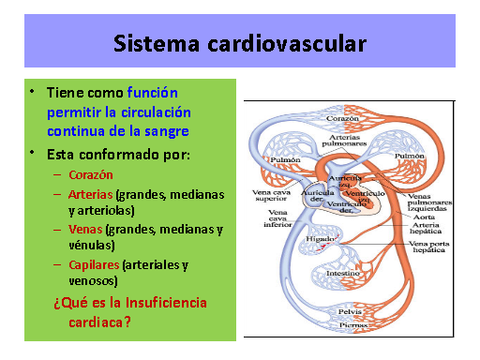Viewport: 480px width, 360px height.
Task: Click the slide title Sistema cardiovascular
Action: (x=239, y=43)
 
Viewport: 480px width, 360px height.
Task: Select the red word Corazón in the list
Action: (x=90, y=175)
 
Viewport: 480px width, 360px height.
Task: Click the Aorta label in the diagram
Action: (x=424, y=217)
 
